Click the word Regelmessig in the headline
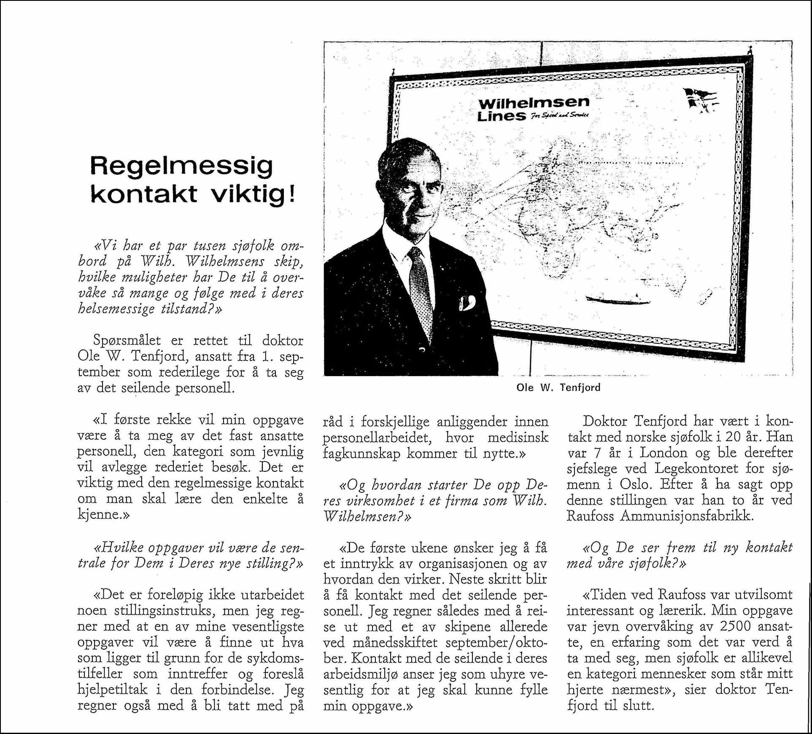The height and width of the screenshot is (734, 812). pyautogui.click(x=181, y=167)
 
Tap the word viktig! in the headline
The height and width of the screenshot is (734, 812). pyautogui.click(x=252, y=195)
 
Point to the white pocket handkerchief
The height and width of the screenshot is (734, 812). pyautogui.click(x=467, y=303)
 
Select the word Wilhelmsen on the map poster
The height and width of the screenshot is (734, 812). pyautogui.click(x=534, y=102)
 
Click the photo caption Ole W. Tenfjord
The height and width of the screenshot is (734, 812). pyautogui.click(x=558, y=387)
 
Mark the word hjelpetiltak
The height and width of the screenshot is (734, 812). pyautogui.click(x=113, y=690)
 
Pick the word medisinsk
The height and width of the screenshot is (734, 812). pyautogui.click(x=518, y=438)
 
